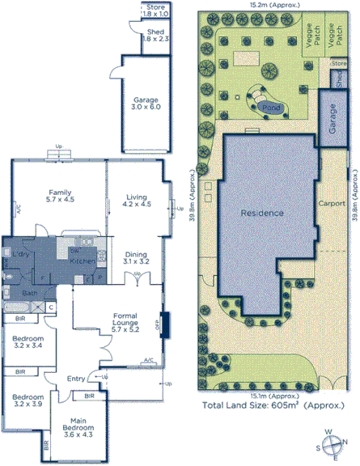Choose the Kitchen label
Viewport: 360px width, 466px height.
[x=83, y=261]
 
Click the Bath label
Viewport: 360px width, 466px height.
[x=30, y=293]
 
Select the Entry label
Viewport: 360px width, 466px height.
[x=76, y=378]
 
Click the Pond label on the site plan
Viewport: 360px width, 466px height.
[x=273, y=106]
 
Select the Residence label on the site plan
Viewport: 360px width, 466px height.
[x=263, y=214]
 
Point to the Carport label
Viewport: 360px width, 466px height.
[x=332, y=203]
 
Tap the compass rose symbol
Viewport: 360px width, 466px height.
[x=331, y=443]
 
